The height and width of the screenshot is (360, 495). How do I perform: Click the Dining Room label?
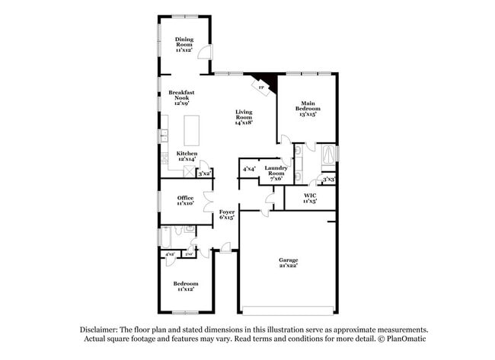[184, 43]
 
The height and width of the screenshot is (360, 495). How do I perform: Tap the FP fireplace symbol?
[261, 88]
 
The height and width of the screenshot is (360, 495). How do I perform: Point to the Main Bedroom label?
[308, 106]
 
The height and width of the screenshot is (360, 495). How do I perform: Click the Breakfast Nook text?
[182, 97]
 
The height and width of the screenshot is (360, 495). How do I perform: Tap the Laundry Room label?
[275, 172]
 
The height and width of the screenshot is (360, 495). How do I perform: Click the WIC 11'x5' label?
[309, 198]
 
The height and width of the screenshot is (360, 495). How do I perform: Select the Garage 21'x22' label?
[287, 263]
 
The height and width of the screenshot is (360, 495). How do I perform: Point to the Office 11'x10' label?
[185, 200]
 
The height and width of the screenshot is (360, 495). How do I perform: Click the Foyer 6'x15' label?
[227, 214]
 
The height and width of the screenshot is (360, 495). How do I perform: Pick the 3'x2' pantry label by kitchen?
[204, 174]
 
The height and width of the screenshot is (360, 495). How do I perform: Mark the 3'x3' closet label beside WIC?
[328, 180]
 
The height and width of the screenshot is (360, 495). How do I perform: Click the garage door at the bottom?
[287, 310]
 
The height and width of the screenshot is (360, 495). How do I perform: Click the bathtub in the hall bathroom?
[164, 237]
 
